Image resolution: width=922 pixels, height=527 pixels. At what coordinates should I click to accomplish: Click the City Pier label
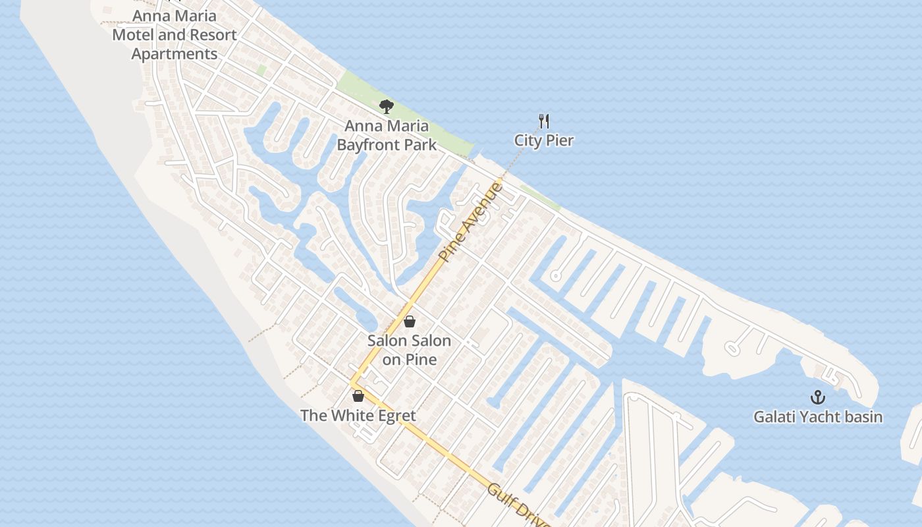(x=544, y=140)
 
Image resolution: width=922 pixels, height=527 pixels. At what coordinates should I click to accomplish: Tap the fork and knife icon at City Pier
(x=544, y=121)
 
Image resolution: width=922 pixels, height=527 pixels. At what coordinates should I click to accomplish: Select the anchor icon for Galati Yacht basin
(x=817, y=397)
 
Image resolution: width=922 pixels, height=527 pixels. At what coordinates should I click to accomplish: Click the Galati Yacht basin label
(x=818, y=416)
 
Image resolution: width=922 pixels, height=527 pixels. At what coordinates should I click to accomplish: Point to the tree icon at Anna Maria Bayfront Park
(x=387, y=106)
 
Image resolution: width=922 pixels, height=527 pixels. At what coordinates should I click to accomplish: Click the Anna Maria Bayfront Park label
(x=387, y=135)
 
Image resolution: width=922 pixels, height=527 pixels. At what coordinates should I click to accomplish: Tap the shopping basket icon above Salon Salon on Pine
(x=410, y=321)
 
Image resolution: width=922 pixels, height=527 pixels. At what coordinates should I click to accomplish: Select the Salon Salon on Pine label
(x=409, y=350)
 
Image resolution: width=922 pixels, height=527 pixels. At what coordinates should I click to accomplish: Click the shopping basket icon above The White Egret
(x=358, y=396)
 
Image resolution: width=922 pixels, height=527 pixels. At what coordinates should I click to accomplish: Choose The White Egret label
(x=358, y=416)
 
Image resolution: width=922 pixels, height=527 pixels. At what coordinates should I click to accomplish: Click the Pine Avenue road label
(x=471, y=222)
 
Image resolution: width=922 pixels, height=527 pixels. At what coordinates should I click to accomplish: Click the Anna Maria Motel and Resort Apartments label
(x=175, y=34)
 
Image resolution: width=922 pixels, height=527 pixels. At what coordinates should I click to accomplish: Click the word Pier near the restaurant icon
(x=560, y=140)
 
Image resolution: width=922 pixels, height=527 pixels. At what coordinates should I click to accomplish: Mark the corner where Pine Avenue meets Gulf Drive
(x=352, y=383)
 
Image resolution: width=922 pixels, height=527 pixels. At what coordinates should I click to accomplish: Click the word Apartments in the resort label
(x=175, y=54)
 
